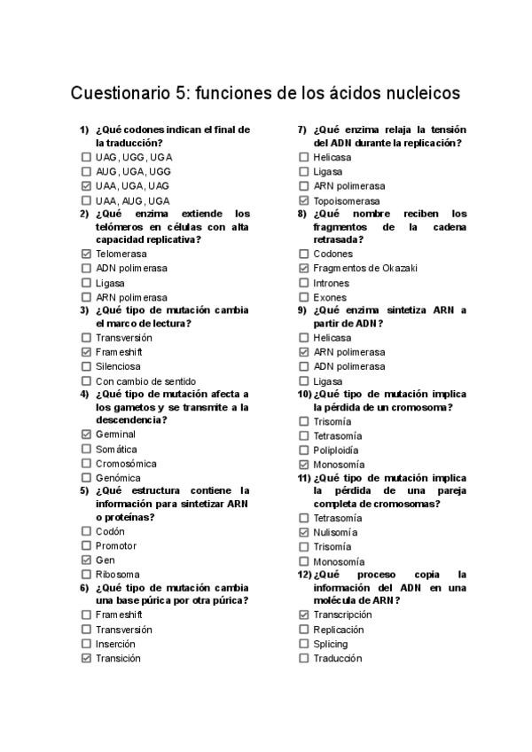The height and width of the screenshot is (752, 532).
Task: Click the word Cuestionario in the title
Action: click(121, 93)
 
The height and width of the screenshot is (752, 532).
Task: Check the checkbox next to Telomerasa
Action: click(86, 254)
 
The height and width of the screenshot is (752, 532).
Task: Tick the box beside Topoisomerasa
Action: click(303, 200)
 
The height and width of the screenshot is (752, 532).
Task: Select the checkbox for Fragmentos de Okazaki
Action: click(303, 268)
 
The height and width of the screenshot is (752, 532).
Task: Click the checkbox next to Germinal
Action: click(86, 435)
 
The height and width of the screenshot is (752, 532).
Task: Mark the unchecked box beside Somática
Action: click(86, 450)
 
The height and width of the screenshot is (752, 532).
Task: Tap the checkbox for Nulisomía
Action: click(303, 532)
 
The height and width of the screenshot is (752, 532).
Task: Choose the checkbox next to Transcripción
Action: click(303, 615)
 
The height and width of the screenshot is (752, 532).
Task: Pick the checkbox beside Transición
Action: click(86, 658)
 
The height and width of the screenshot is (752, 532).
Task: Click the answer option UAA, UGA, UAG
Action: click(132, 186)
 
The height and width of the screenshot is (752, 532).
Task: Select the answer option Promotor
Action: click(116, 545)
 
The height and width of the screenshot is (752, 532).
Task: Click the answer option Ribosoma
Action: click(117, 575)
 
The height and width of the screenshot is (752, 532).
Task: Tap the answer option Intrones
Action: click(332, 283)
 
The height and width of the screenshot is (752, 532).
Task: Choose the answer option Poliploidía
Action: click(337, 450)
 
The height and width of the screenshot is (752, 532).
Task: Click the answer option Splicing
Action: click(330, 644)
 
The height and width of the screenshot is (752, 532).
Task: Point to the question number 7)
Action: click(301, 129)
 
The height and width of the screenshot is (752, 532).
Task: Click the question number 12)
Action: click(303, 574)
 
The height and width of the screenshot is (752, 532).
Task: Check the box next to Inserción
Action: click(86, 644)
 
